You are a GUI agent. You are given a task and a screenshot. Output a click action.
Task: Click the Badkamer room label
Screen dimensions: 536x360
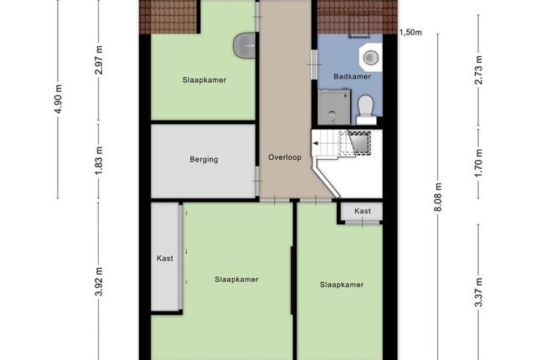click(x=352, y=76)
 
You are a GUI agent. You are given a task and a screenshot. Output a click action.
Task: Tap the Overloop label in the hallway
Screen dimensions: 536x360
click(x=285, y=157)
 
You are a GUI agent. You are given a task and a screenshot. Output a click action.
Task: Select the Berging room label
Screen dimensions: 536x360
click(x=204, y=160)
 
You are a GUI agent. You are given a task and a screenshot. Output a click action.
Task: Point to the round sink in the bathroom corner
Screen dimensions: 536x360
click(x=370, y=57)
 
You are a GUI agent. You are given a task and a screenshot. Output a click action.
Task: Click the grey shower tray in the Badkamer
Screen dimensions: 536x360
click(x=334, y=107)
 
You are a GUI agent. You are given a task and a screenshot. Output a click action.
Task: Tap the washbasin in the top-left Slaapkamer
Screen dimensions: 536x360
click(x=245, y=45)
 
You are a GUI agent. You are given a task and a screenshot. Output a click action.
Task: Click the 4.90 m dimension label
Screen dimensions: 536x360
click(x=59, y=99)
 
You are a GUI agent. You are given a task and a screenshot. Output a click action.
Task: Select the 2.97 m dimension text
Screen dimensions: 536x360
click(x=99, y=59)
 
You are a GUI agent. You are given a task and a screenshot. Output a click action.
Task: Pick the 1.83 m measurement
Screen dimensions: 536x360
click(x=99, y=161)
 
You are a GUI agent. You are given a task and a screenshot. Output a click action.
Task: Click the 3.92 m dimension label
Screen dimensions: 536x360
click(x=99, y=282)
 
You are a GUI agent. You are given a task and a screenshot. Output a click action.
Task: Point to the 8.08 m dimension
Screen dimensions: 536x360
click(x=438, y=197)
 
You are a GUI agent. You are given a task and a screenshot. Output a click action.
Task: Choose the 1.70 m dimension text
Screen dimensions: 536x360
click(x=478, y=163)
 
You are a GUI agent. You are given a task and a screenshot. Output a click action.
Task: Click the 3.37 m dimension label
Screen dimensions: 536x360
click(x=478, y=292)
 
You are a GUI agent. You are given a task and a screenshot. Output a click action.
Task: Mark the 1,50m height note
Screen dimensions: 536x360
click(x=410, y=33)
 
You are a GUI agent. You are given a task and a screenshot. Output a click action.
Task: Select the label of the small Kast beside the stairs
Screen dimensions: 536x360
click(x=363, y=211)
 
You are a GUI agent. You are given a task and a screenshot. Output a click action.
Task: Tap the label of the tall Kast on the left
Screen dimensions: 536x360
click(x=165, y=258)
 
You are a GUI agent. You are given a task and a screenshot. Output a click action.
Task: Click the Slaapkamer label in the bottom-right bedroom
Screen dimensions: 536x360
click(x=342, y=285)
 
